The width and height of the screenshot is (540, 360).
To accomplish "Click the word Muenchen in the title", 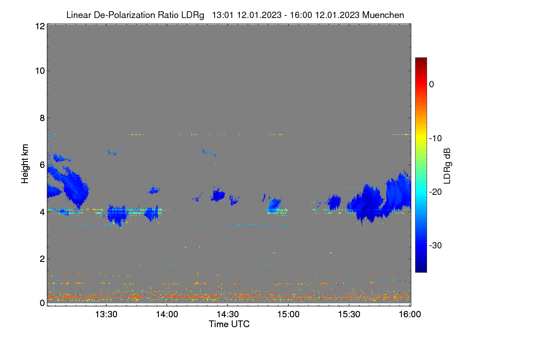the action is [x=383, y=15].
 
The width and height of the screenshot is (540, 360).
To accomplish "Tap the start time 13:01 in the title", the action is [x=222, y=15].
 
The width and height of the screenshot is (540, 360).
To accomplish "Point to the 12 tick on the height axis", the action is [x=40, y=26].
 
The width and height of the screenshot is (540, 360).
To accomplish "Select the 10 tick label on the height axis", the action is [x=40, y=71].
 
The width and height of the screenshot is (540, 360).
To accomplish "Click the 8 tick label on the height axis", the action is [x=42, y=118].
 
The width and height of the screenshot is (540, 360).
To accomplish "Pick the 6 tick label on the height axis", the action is [x=42, y=165].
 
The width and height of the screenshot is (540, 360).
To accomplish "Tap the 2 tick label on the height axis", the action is [x=42, y=259].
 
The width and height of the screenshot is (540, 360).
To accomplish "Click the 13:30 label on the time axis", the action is [x=106, y=314].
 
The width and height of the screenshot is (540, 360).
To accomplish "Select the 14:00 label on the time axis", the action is [x=167, y=314].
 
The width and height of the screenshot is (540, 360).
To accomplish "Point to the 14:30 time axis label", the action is [x=228, y=314].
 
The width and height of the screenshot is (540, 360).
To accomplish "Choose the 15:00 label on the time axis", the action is [x=288, y=314].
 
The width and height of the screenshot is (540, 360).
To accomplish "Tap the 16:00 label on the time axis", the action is [x=410, y=314].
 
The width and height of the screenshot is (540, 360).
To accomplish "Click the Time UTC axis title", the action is [x=229, y=324].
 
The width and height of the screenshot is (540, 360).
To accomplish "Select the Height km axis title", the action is [x=25, y=164].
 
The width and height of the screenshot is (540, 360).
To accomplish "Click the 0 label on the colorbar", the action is [x=432, y=85].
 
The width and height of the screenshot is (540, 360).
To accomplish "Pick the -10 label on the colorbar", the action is [x=436, y=139].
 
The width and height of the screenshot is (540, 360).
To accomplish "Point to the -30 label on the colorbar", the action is [x=436, y=245].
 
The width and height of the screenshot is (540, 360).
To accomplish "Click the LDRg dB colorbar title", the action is [x=447, y=166].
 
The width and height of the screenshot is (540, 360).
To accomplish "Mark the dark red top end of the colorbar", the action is [x=421, y=58].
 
